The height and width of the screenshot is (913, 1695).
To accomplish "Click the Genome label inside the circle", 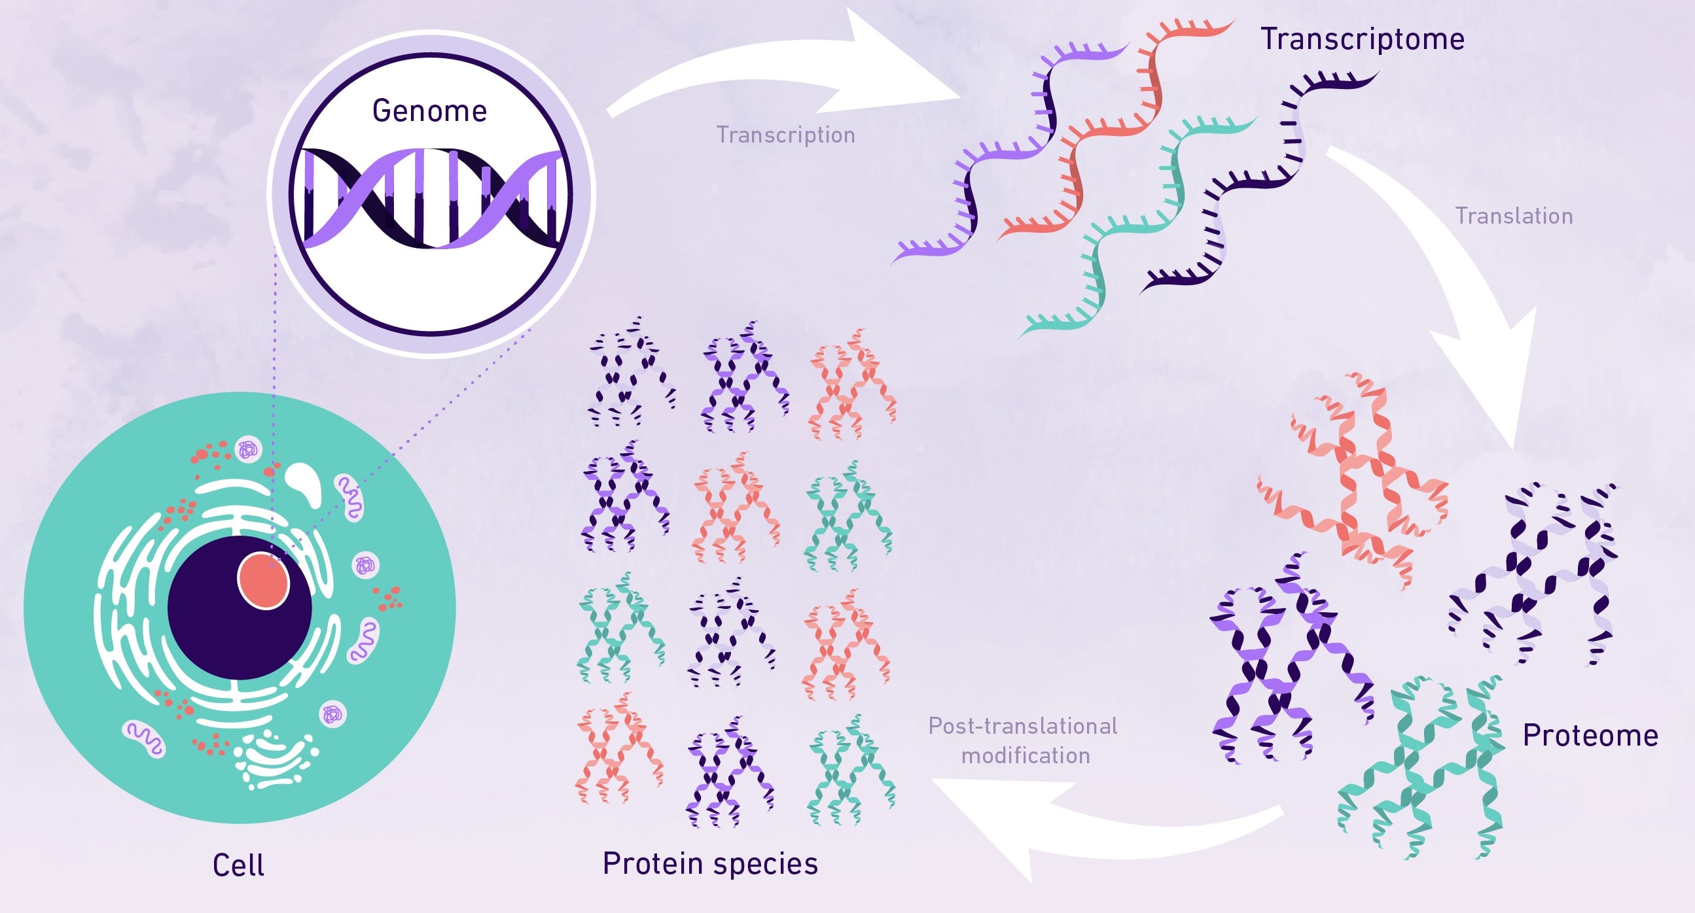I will click(x=429, y=111).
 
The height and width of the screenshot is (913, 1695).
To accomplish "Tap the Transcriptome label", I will click(x=1362, y=39).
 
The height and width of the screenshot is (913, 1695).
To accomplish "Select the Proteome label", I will click(x=1590, y=735).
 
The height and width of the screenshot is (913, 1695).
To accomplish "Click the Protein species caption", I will click(x=710, y=863).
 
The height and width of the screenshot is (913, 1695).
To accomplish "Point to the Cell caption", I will click(x=238, y=865).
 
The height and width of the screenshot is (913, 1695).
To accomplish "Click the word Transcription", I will click(x=785, y=135).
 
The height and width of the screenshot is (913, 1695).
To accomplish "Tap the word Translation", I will click(x=1513, y=216).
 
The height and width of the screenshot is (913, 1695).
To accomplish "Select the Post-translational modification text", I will click(x=1024, y=740).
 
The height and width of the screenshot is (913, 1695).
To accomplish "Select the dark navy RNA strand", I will click(x=1250, y=184).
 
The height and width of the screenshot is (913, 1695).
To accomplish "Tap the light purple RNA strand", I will click(x=1007, y=151).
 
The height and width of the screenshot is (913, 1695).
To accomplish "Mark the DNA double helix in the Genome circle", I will click(x=431, y=198).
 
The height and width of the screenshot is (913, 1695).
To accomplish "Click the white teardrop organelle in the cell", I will click(x=305, y=483).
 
